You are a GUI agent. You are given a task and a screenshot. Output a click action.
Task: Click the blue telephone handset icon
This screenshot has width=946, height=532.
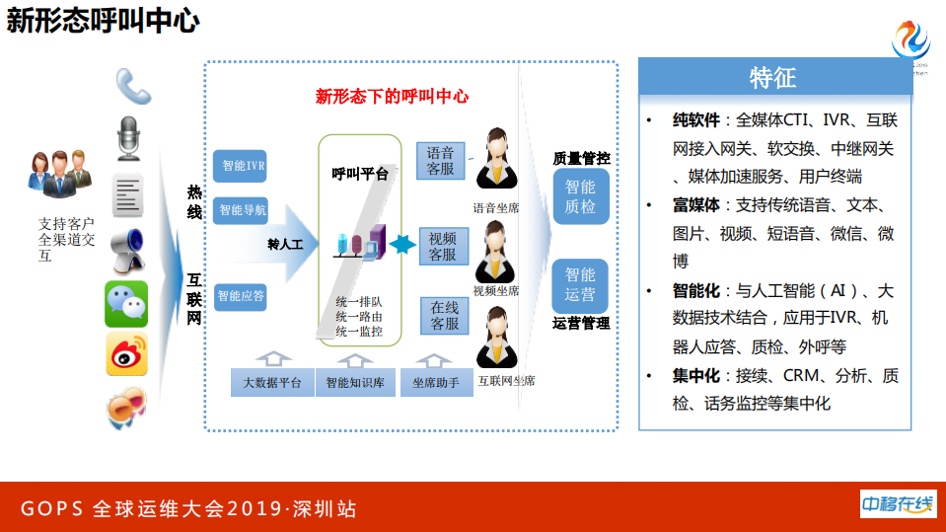pyautogui.click(x=132, y=86)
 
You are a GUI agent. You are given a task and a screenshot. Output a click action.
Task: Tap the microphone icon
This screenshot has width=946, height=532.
pyautogui.click(x=129, y=138)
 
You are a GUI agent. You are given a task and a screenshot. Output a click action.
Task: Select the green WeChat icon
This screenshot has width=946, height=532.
pyautogui.click(x=126, y=304)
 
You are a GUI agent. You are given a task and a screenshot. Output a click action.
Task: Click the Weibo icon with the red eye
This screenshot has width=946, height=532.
pyautogui.click(x=126, y=354)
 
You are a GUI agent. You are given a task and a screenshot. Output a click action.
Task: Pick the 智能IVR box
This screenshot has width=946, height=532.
pyautogui.click(x=240, y=166)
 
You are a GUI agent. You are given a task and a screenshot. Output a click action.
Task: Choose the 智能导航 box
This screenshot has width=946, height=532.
pyautogui.click(x=240, y=209)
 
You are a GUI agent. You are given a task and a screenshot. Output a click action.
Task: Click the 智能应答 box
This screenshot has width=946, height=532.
pyautogui.click(x=240, y=295)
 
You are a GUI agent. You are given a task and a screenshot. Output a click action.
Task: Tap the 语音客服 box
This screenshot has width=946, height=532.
pyautogui.click(x=441, y=161)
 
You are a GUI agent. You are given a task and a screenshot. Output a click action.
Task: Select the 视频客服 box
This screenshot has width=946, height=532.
pyautogui.click(x=442, y=246)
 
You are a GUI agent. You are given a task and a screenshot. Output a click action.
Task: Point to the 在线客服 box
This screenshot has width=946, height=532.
pyautogui.click(x=444, y=316)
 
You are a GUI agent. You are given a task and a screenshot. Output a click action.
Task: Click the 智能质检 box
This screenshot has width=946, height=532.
pyautogui.click(x=580, y=196)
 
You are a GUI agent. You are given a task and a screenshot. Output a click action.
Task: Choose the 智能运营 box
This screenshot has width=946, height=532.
pyautogui.click(x=580, y=284)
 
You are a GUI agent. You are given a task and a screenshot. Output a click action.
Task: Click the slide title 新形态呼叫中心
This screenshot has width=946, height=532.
pyautogui.click(x=103, y=22)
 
